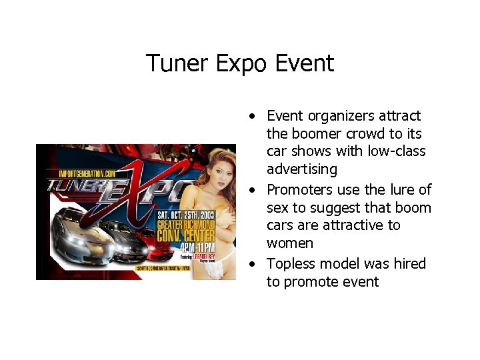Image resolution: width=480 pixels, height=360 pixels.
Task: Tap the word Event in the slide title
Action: click(x=304, y=64)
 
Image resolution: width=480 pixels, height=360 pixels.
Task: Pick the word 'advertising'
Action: click(x=302, y=169)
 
